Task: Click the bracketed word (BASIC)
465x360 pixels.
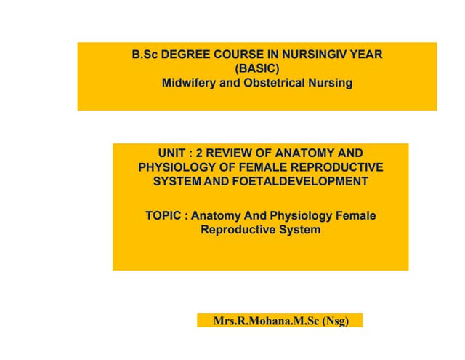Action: click(x=257, y=68)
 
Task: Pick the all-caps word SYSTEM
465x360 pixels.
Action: click(x=177, y=182)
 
